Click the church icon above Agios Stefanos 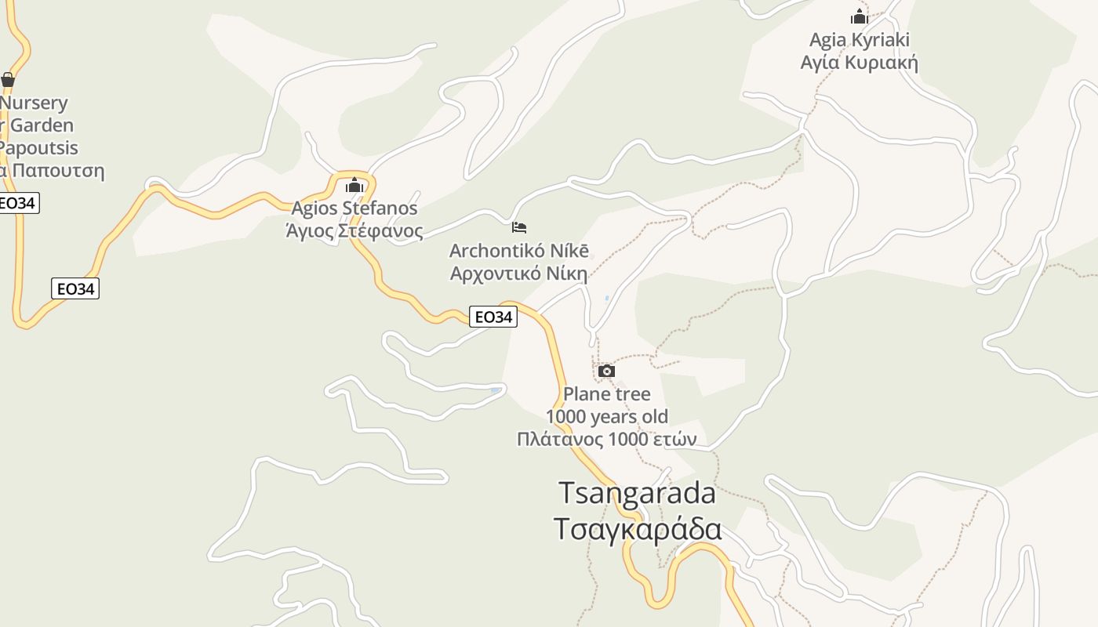point(354,185)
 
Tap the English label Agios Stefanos point(354,208)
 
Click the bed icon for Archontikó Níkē point(519,227)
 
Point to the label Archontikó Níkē point(519,251)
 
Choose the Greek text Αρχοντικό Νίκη point(519,274)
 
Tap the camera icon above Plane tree point(606,371)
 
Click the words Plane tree point(607,394)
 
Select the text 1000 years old point(607,416)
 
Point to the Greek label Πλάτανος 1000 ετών point(607,439)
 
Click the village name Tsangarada point(637,493)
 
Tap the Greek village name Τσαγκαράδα point(637,528)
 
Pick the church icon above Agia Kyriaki point(860,16)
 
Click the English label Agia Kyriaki point(860,40)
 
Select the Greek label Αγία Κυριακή point(860,63)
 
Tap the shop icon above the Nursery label point(8,79)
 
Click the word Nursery point(34,103)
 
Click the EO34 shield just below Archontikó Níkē point(493,317)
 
